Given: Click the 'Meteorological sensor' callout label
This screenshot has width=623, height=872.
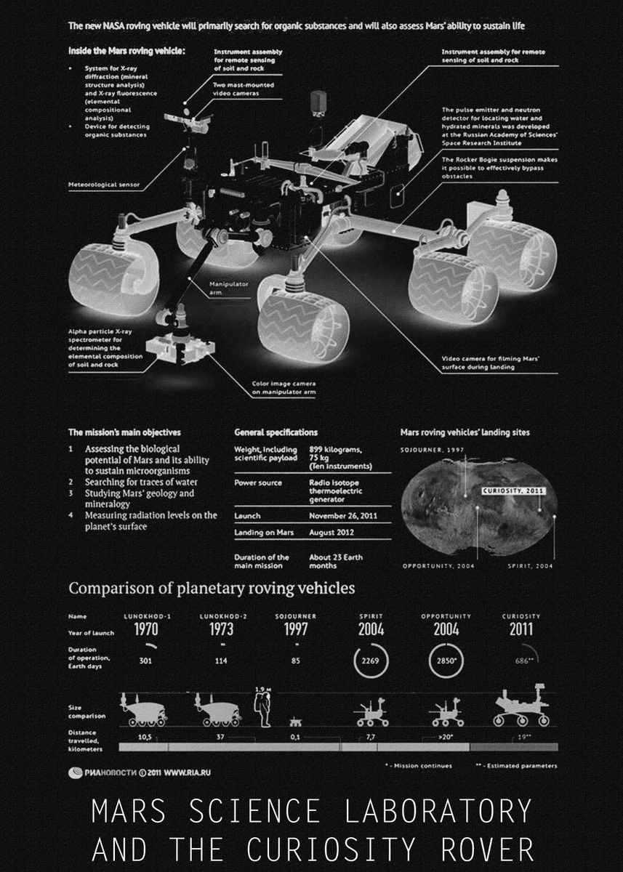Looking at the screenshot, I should (x=104, y=185).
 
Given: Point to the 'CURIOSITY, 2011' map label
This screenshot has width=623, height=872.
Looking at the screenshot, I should (x=518, y=491).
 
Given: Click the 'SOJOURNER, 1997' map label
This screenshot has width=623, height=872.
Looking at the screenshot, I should (x=432, y=451).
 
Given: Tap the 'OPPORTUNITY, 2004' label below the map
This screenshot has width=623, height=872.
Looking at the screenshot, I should (x=438, y=565).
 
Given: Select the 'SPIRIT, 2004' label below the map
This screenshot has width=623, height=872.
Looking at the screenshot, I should (x=531, y=565).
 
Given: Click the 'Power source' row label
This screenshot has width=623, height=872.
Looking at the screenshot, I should (x=257, y=483).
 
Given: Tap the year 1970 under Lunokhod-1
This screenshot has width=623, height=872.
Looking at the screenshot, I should (x=146, y=630).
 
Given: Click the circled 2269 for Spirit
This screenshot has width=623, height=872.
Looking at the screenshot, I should (x=371, y=661).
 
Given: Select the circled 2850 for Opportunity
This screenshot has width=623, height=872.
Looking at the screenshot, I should (x=446, y=661).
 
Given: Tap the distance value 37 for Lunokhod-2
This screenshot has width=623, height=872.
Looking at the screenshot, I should (x=221, y=736).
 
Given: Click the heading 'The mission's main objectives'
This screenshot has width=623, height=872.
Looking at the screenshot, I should (x=124, y=432).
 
